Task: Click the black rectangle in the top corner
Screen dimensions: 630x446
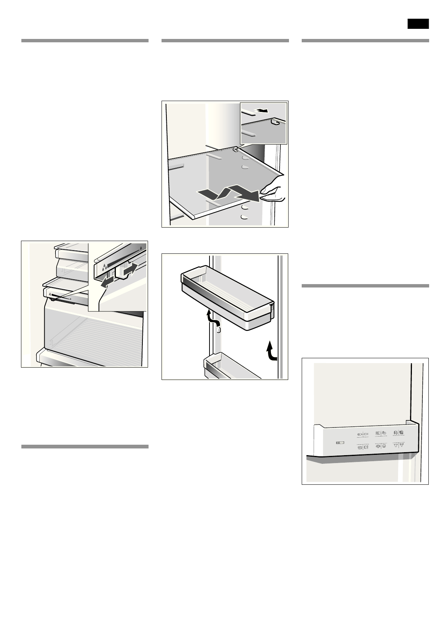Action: pos(418,24)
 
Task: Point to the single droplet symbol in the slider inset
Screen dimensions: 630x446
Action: pos(141,248)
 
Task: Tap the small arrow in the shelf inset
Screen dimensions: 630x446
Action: pos(262,110)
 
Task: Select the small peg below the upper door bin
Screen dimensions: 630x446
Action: pos(219,330)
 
